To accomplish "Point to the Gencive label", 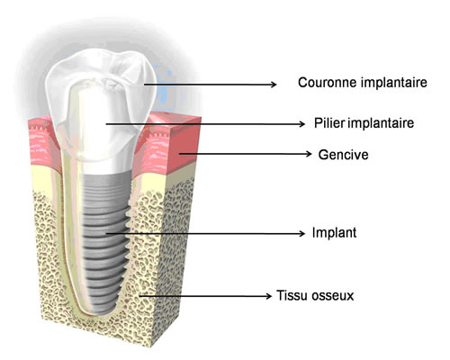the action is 343,155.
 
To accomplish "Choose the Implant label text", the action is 334,233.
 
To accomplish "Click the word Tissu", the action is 292,295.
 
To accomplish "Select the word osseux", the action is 333,296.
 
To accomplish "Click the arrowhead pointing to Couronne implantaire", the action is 273,85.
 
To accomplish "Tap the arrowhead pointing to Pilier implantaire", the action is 301,123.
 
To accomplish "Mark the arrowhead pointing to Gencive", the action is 309,154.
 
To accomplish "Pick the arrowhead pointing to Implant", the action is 301,233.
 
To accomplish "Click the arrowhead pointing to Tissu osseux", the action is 268,296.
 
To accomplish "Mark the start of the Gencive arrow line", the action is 180,154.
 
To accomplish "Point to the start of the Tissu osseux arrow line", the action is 140,296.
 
